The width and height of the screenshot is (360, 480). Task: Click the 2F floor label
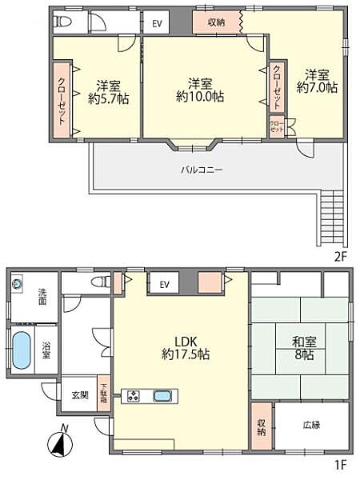[x=341, y=256]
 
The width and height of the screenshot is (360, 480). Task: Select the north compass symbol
[x=60, y=442]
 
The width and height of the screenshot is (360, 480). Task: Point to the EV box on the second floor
[x=157, y=23]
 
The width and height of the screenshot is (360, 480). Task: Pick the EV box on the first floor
[x=164, y=284]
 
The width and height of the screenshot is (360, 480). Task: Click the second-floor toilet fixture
[x=65, y=21]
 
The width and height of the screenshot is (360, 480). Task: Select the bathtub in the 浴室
[x=22, y=349]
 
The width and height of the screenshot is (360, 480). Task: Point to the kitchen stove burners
[x=132, y=395]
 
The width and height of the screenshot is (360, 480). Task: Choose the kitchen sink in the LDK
[x=162, y=395]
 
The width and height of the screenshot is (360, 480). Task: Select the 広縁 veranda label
[x=311, y=425]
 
